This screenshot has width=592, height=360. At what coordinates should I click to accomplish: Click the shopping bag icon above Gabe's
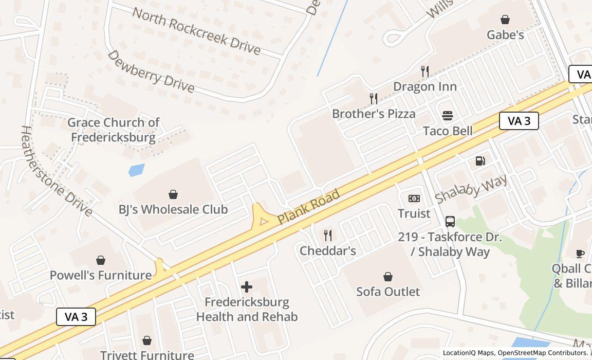click(x=505, y=20)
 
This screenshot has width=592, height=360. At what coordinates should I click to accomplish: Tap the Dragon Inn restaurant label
click(x=424, y=86)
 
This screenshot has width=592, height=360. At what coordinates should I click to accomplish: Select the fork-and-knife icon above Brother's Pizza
click(x=374, y=98)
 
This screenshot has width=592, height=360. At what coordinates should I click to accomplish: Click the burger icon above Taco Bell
click(x=448, y=116)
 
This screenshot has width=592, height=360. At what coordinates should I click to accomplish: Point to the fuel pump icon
click(x=480, y=161)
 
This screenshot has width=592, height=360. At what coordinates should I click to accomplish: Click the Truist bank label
click(x=414, y=213)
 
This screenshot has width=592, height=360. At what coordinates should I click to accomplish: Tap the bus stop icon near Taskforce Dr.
click(x=450, y=222)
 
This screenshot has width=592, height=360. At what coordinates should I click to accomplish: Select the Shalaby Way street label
click(x=471, y=188)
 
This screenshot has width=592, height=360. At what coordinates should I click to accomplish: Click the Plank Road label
click(x=308, y=207)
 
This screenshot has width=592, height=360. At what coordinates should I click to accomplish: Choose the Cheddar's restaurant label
click(x=327, y=250)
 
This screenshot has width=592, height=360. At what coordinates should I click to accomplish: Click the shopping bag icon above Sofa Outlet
click(x=388, y=277)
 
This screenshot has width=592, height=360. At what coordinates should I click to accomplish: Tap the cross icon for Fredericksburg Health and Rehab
click(x=247, y=286)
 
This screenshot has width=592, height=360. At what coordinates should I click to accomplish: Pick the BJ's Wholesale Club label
click(x=173, y=209)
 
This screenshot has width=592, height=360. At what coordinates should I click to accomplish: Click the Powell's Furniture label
click(x=101, y=275)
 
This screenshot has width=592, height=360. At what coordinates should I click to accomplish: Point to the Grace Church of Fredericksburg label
click(x=113, y=130)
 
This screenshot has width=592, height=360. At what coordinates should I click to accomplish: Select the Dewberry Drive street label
click(x=151, y=71)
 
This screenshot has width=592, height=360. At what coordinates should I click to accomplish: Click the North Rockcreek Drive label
click(x=196, y=30)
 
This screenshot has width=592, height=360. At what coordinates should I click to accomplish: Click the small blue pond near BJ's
click(x=136, y=170)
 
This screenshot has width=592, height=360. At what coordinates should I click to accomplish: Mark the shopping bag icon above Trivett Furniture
click(x=147, y=340)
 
